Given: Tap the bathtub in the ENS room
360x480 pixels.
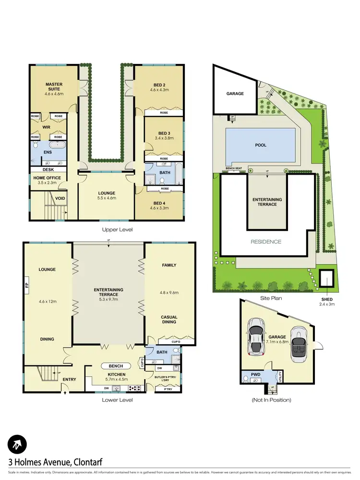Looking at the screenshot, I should click(59, 144).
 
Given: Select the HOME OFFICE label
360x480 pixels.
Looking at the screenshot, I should click(47, 178).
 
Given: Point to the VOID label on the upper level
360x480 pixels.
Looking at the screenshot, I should click(60, 198).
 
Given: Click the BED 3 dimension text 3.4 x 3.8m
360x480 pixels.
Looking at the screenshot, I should click(164, 138).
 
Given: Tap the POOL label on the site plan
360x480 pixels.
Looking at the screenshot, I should click(261, 145).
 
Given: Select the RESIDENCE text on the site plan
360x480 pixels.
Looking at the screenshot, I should click(265, 241).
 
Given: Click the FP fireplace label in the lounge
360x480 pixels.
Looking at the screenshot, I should click(26, 289).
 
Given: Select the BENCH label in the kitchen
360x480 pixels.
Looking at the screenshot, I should click(116, 366).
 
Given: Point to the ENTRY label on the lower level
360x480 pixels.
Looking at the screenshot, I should click(69, 380).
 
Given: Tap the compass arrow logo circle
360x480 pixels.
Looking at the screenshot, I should click(18, 444).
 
